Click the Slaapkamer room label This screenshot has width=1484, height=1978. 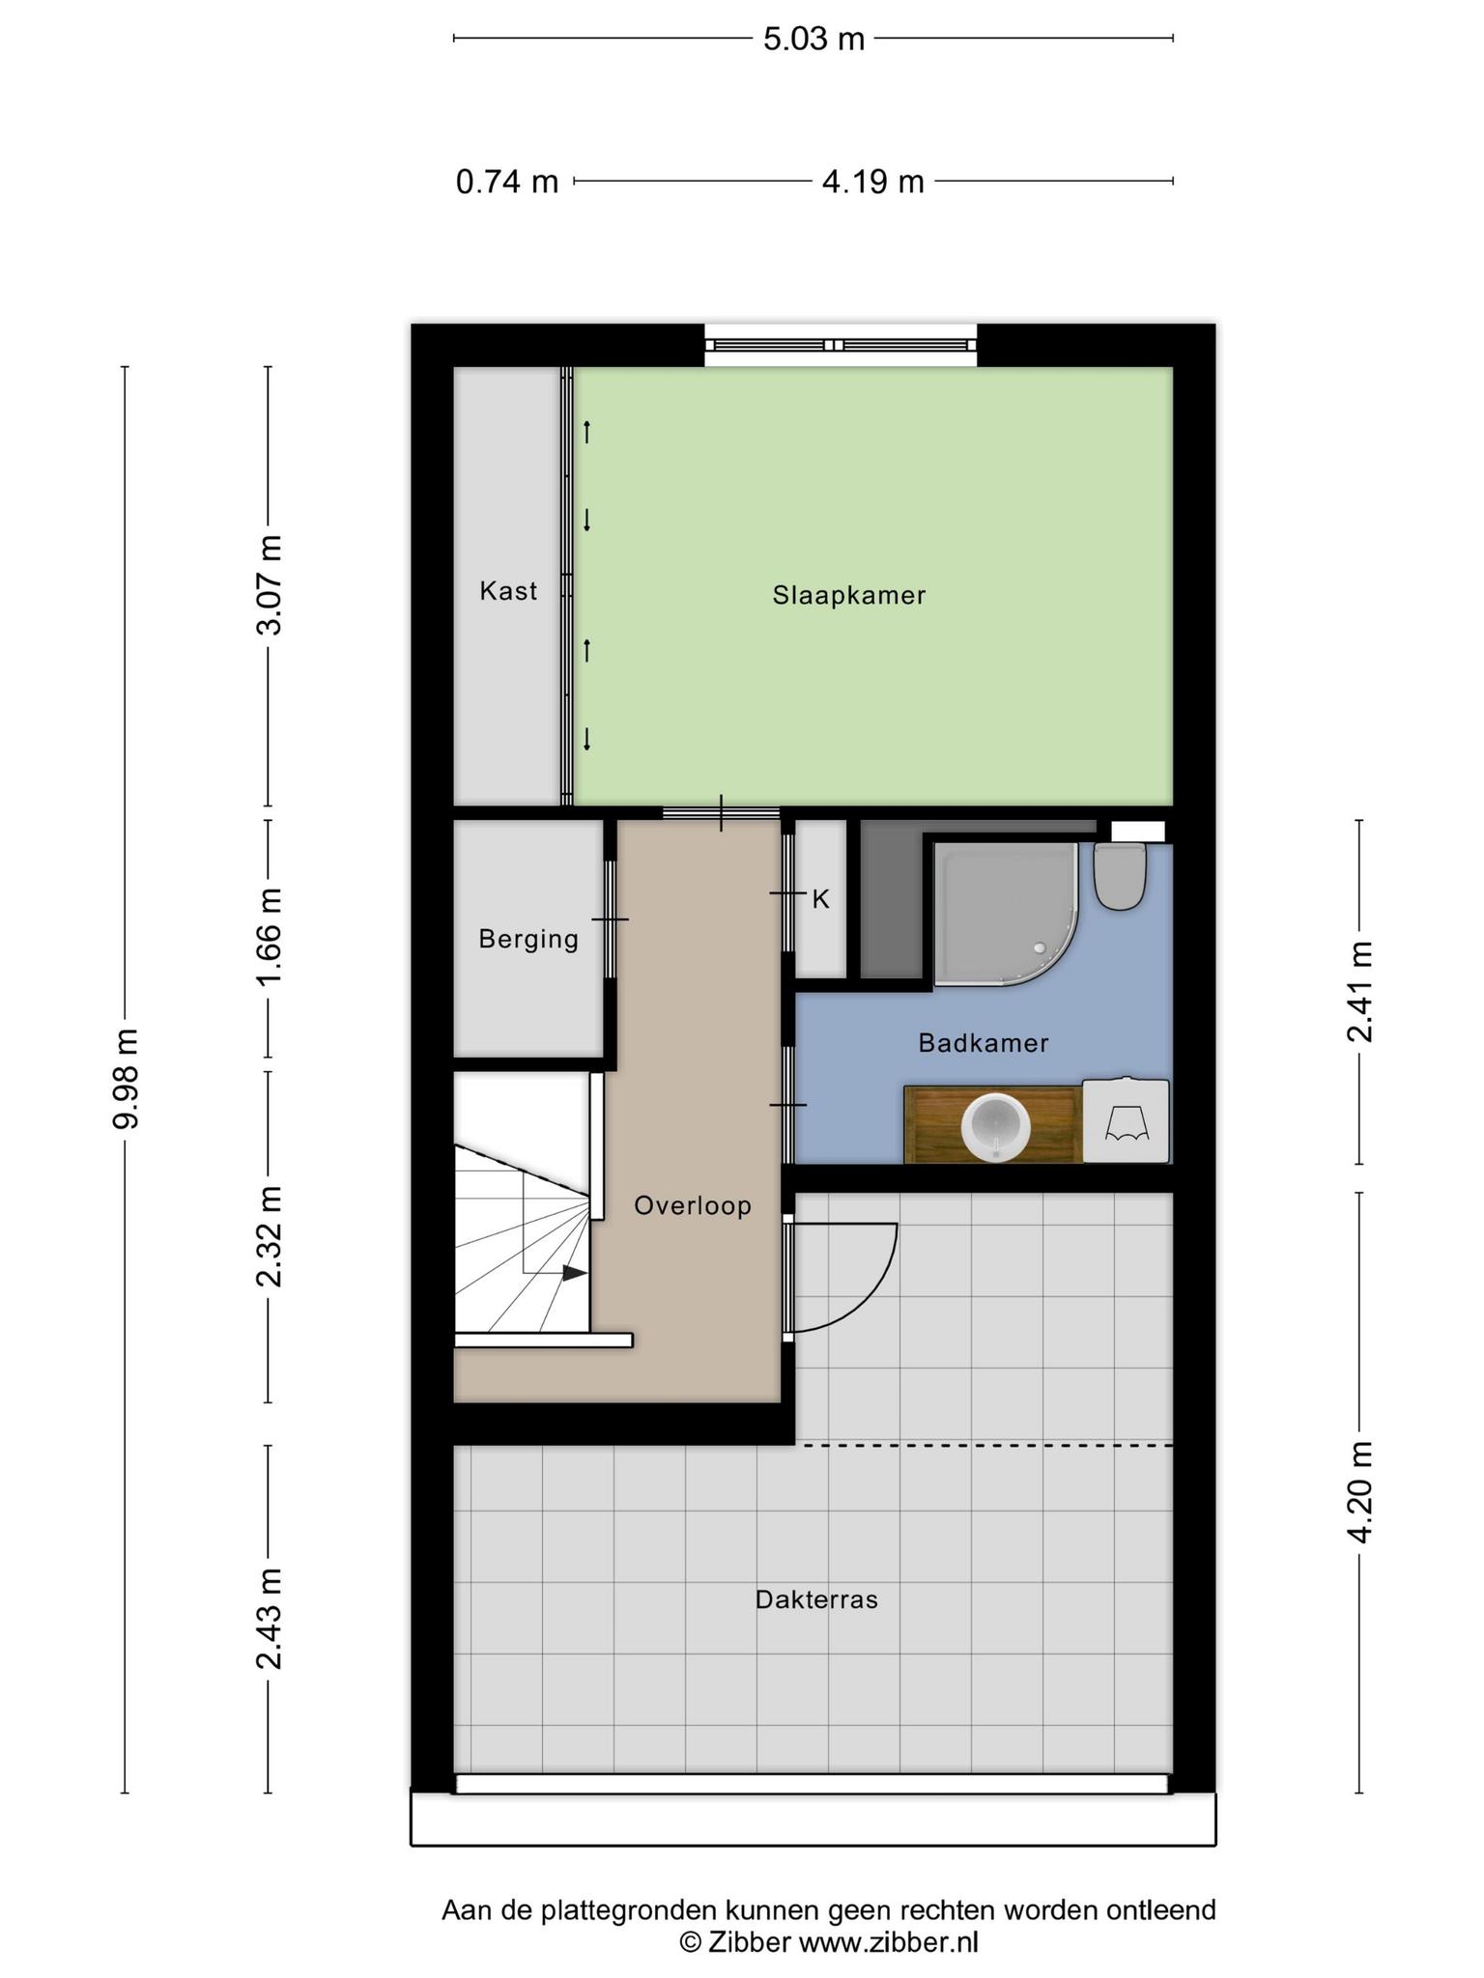(848, 595)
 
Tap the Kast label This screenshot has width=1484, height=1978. (508, 590)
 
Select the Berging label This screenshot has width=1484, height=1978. (528, 939)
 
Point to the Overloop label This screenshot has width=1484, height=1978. (693, 1205)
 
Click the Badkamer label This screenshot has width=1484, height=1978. (984, 1043)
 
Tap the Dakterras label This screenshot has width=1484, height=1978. (816, 1600)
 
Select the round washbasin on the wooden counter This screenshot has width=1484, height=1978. (996, 1125)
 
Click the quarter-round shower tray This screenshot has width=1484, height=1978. (1005, 914)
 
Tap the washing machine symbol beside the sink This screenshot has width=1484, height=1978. (1126, 1120)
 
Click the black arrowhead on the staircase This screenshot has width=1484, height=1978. (575, 1273)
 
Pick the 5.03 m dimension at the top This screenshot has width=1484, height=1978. (813, 39)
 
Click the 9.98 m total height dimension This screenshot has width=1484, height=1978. (126, 1079)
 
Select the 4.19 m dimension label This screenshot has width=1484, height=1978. (873, 181)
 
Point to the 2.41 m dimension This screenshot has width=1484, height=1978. (1359, 992)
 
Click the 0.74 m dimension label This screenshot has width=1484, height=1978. (507, 181)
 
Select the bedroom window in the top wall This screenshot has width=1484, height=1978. (841, 345)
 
